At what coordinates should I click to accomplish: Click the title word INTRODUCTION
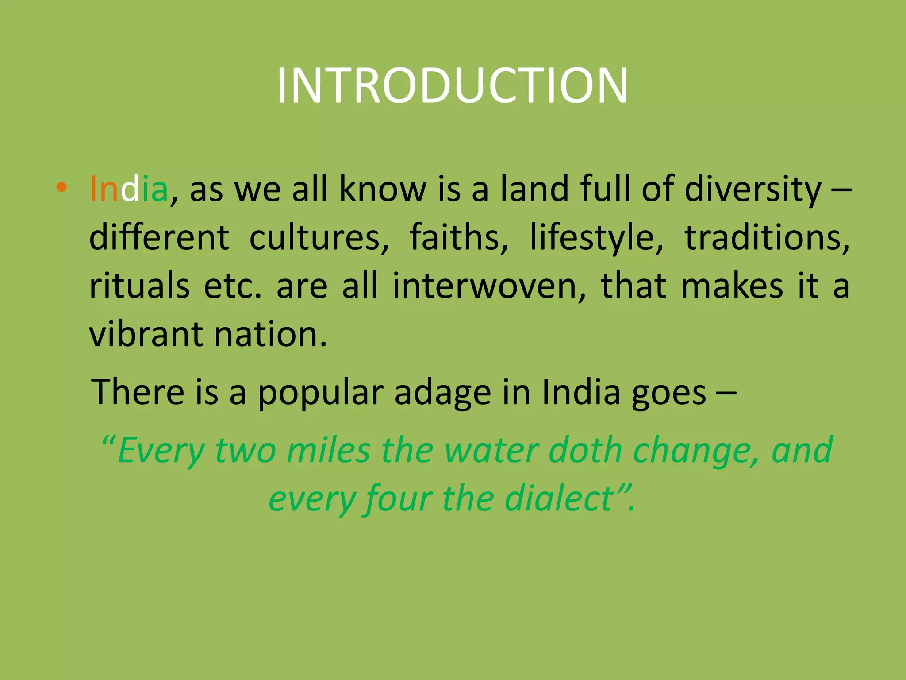[452, 85]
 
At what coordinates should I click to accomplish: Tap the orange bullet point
[61, 188]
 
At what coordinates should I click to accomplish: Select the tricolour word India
[129, 189]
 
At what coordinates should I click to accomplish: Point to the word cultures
[319, 238]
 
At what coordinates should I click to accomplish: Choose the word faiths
[459, 238]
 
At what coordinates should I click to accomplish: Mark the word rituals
[139, 286]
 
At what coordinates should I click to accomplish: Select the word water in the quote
[491, 451]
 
